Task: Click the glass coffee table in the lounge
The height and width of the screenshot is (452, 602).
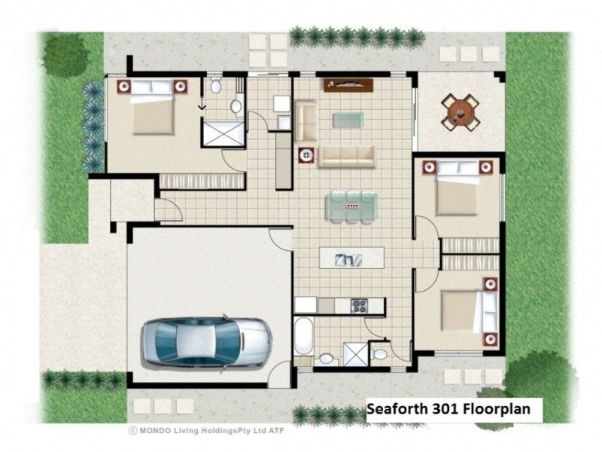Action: coord(347,119)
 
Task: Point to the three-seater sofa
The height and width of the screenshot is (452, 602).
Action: coord(346,156)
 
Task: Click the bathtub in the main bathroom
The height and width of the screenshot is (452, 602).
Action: coord(303,337)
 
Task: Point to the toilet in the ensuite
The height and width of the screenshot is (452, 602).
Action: coord(217,86)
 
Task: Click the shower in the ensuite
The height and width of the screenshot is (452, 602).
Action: coord(223,133)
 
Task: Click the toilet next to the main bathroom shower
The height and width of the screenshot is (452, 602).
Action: coord(380,353)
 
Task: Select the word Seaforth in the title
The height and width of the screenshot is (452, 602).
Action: coord(397,409)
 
